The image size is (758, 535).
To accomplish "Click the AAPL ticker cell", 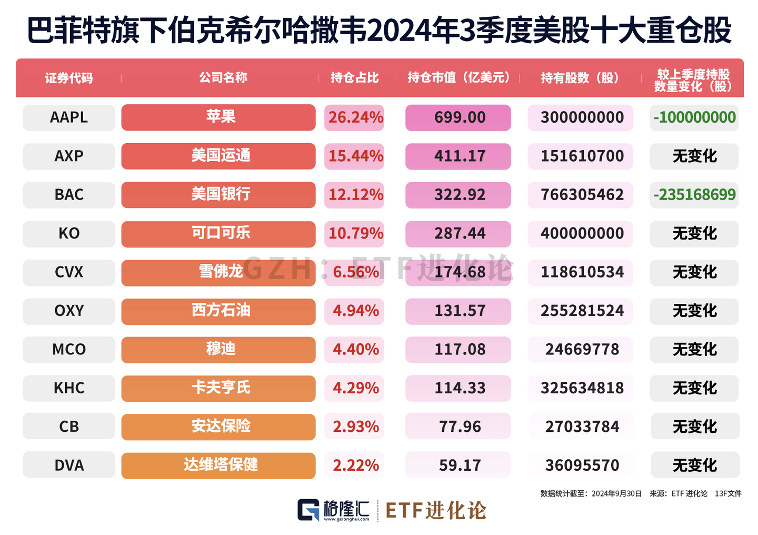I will pos(69,117).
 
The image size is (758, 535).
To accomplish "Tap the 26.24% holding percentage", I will pos(355,117).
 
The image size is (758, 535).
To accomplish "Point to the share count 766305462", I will pos(582,195).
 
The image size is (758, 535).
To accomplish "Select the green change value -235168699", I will pos(694,195).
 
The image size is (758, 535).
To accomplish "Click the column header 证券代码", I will pos(69,78).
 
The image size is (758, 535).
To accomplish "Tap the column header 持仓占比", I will pos(355,78).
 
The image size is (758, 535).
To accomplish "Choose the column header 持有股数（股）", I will pos(581,78).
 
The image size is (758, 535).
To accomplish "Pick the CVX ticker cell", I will pos(69,272).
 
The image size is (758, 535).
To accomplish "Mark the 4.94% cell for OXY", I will pos(355,311).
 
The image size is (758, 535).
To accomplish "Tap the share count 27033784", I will pos(582,427).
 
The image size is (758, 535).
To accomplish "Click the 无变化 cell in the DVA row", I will pos(695,465).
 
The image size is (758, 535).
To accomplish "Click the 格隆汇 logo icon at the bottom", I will pos(308,510).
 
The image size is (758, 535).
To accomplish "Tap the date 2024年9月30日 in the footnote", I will pos(616,494).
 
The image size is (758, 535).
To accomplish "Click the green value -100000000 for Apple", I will pos(694,117).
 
